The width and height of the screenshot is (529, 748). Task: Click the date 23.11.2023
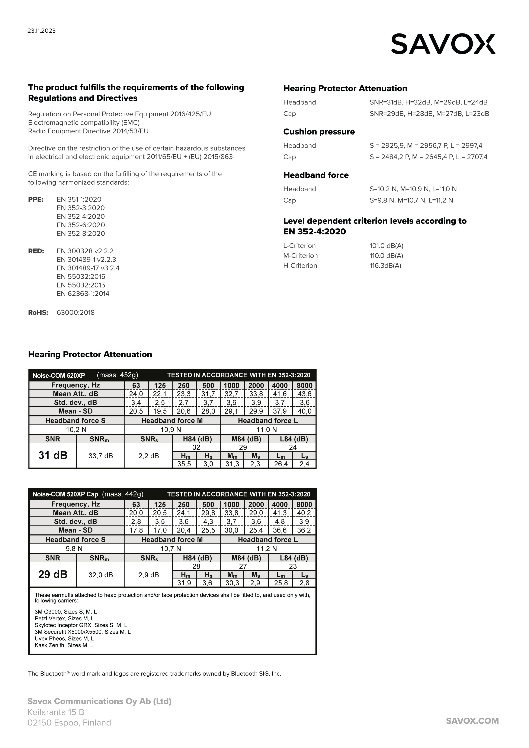(x=41, y=31)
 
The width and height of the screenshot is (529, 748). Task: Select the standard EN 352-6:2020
(x=81, y=225)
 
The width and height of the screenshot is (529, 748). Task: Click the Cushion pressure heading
(x=319, y=132)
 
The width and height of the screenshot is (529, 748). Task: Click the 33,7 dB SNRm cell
(x=100, y=456)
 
